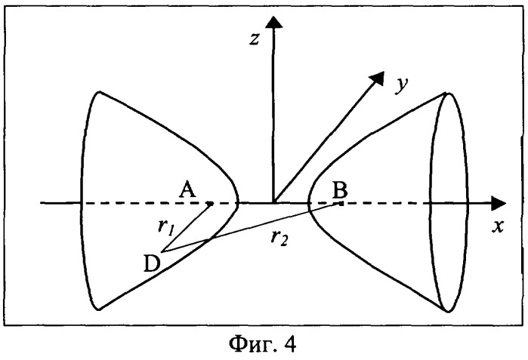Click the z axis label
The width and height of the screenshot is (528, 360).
coord(255,39)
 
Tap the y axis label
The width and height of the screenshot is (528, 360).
coord(402,85)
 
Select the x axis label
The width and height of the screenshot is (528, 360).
coord(498,226)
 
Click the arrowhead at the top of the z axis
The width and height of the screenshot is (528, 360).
coord(273,22)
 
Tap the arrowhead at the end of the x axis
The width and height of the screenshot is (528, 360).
coord(499,203)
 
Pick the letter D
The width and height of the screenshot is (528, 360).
coord(152,263)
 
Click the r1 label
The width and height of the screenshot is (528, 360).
coord(165,227)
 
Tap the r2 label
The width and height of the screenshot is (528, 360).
coord(279,238)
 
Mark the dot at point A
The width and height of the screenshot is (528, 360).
coord(210,204)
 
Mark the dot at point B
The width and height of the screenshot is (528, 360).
coord(341,203)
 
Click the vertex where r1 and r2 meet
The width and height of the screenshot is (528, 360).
coord(162,251)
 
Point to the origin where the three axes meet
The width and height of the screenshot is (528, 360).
coord(273,203)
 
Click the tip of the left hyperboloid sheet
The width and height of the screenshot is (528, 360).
coord(239,203)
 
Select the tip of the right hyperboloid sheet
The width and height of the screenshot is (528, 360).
coord(308,203)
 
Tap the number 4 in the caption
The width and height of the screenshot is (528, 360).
coord(290,343)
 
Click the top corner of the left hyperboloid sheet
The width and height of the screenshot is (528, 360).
coord(100,92)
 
